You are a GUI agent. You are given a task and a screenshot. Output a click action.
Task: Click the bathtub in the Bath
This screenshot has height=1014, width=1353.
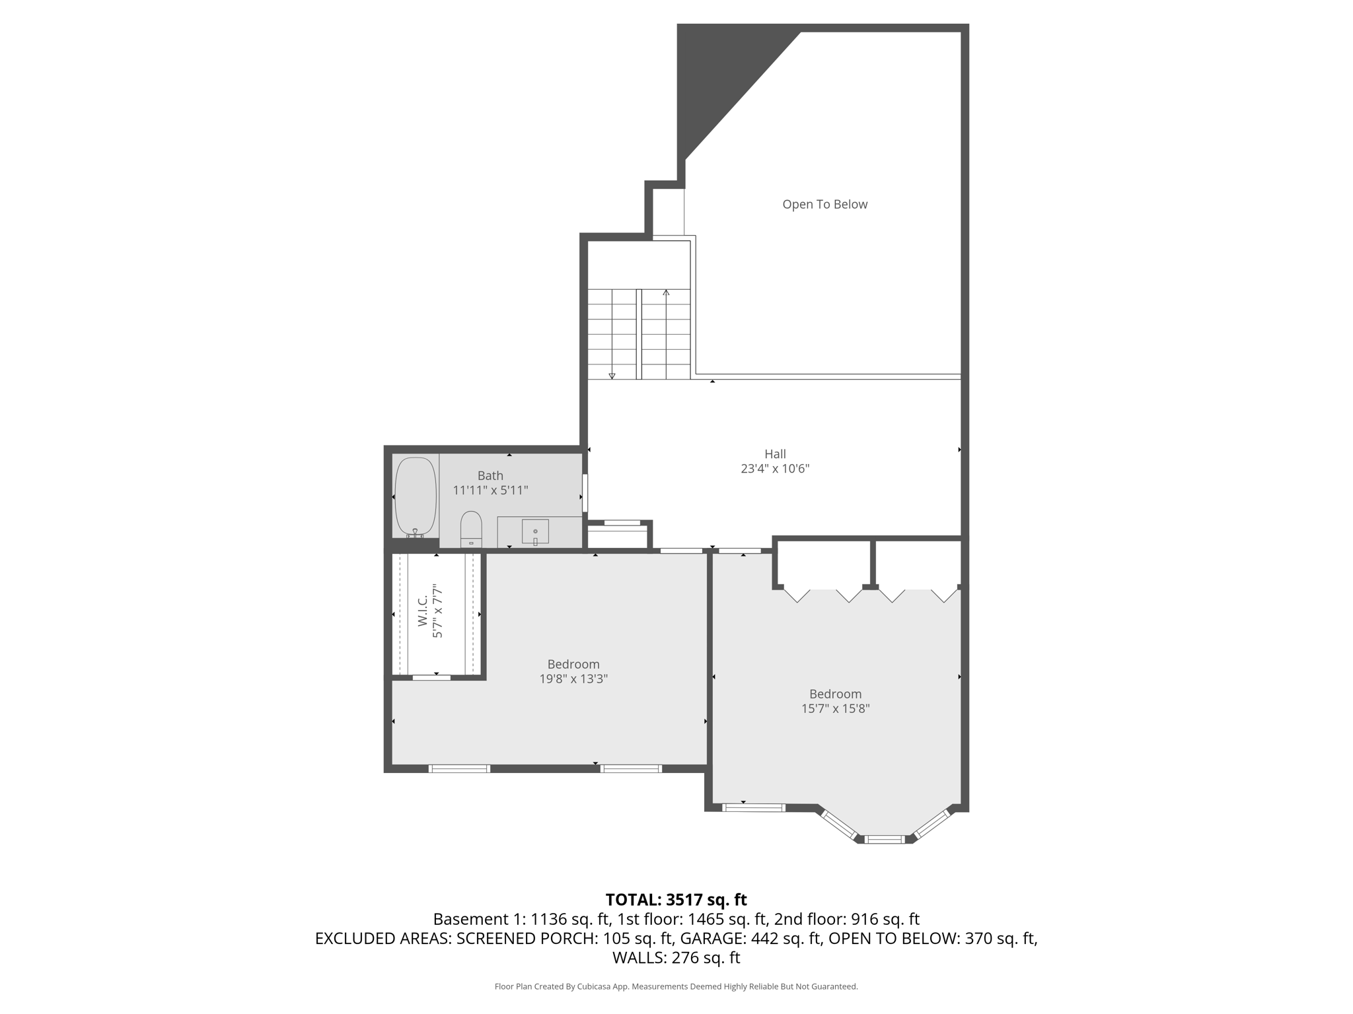point(416,496)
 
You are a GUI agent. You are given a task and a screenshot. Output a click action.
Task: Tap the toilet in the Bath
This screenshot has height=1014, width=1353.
point(471,529)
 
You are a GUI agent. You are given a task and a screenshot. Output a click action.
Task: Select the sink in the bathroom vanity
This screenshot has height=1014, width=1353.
point(535,531)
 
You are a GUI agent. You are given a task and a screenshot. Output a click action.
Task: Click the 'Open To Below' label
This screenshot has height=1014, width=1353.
point(824,205)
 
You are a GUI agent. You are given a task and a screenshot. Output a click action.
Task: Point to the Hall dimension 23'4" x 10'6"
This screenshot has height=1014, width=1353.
point(775,469)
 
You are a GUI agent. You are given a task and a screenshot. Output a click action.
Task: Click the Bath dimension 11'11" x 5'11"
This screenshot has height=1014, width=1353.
point(490,490)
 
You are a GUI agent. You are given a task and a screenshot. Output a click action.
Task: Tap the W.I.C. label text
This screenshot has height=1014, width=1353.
point(423,613)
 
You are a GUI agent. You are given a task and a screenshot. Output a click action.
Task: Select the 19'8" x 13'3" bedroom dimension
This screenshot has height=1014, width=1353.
point(573,679)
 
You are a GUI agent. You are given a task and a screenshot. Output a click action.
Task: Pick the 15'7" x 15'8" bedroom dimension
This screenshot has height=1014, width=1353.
point(835,708)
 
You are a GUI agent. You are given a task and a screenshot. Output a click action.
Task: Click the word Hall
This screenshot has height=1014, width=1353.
point(775,454)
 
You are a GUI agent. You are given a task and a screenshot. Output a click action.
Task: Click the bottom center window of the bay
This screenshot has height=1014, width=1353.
point(885,840)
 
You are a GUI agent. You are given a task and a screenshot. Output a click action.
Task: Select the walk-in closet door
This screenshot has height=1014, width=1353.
point(431,677)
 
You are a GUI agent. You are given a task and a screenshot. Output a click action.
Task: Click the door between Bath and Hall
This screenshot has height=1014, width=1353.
point(585,492)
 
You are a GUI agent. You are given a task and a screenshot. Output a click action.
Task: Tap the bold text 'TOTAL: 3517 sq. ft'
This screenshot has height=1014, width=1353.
point(676,900)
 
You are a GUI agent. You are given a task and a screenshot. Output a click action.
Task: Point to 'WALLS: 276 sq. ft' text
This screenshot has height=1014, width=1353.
point(676,958)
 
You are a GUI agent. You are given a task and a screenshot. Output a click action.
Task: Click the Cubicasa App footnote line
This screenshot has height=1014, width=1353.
point(676,987)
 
